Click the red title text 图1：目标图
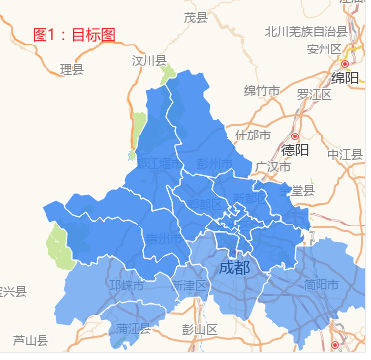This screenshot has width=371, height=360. (74, 35)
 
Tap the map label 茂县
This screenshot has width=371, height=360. (196, 17)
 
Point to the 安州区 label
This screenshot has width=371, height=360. (324, 48)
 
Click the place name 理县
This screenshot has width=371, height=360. (72, 69)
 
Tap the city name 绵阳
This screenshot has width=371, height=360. (345, 79)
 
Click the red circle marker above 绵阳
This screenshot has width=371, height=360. (344, 63)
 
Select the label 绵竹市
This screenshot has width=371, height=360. (262, 91)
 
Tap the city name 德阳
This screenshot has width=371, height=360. (295, 151)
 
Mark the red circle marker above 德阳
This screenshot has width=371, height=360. (294, 135)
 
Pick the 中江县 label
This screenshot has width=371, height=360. (345, 154)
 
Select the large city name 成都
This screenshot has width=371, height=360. (234, 268)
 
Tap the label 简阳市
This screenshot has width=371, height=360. (324, 284)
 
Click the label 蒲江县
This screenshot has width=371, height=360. (132, 328)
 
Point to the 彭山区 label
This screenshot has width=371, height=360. (199, 329)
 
